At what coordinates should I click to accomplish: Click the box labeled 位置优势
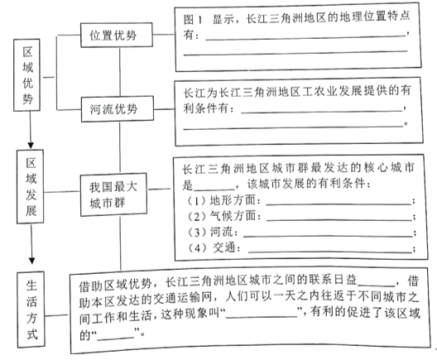pyautogui.click(x=117, y=35)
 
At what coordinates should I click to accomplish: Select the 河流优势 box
pyautogui.click(x=118, y=109)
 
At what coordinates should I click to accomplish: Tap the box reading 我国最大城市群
pyautogui.click(x=113, y=195)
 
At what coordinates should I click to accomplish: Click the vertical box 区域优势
pyautogui.click(x=27, y=75)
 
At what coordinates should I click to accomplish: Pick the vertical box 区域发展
pyautogui.click(x=30, y=187)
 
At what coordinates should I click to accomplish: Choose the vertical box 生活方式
pyautogui.click(x=31, y=310)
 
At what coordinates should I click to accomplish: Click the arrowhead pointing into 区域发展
pyautogui.click(x=31, y=146)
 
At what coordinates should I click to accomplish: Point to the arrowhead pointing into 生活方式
pyautogui.click(x=32, y=261)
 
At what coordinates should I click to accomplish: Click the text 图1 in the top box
pyautogui.click(x=193, y=20)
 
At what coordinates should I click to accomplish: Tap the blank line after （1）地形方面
pyautogui.click(x=339, y=204)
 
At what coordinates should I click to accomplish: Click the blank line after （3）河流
pyautogui.click(x=328, y=237)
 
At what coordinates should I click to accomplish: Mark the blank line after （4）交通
pyautogui.click(x=330, y=252)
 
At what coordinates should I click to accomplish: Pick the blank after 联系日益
pyautogui.click(x=377, y=286)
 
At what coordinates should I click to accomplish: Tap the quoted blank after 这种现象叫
pyautogui.click(x=262, y=317)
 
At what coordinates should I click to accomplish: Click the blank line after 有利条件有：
pyautogui.click(x=322, y=112)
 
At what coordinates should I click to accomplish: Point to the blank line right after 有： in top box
pyautogui.click(x=305, y=38)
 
